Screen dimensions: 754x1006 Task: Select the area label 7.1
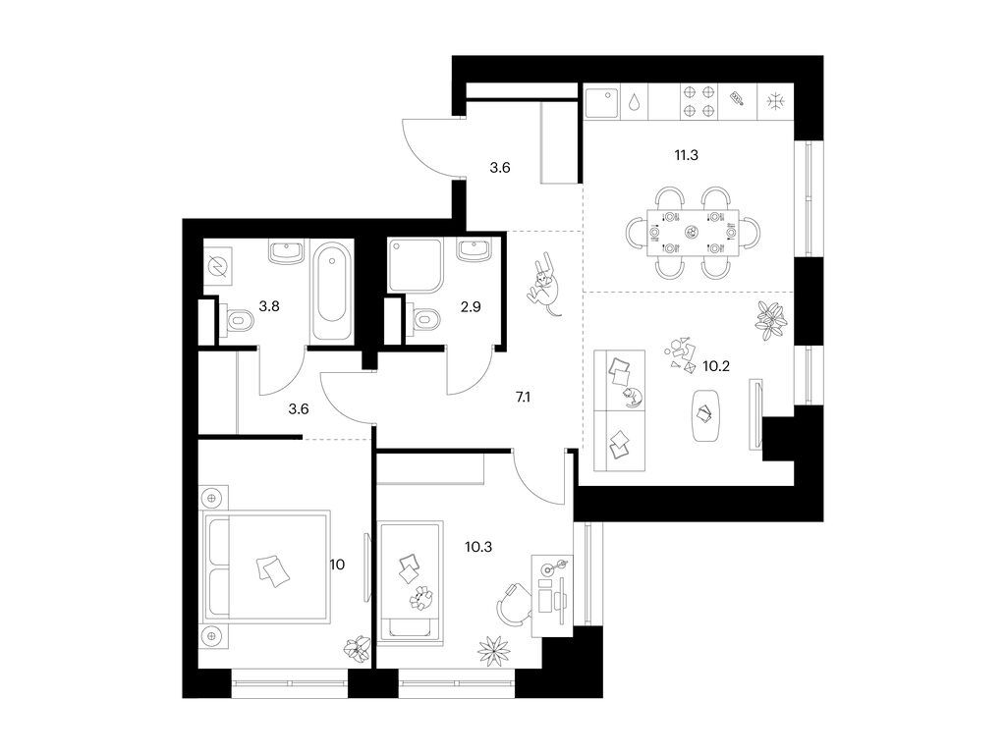[x=523, y=398]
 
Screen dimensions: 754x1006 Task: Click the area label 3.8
[x=268, y=305]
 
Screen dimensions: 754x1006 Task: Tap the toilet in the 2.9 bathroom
[x=423, y=320]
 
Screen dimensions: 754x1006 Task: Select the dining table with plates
[x=693, y=233]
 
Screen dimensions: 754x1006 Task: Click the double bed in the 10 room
[x=265, y=566]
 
